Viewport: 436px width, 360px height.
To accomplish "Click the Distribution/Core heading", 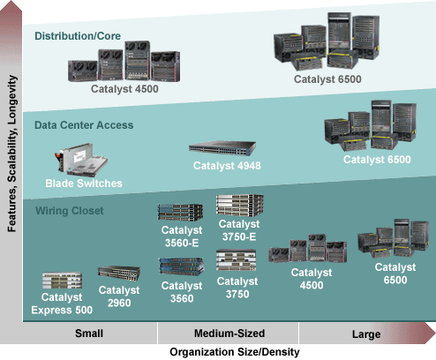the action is pos(78,36).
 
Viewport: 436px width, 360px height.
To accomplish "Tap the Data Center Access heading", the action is pos(84,125).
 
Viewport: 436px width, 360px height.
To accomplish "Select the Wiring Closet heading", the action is pos(70,211).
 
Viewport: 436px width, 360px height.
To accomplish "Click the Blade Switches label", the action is pos(84,184).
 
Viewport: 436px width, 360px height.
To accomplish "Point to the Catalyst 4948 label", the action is pos(227,166).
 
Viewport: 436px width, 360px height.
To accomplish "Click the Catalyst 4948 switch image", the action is pos(222,147).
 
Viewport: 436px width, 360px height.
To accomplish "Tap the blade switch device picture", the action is pos(81,160).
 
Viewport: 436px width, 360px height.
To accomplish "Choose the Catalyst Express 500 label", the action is pos(62,304).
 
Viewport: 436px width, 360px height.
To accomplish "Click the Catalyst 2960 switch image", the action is pos(119,274).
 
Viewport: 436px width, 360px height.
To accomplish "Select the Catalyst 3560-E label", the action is pos(182,236).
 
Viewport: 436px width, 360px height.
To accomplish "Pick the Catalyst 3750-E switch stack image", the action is pos(240,205).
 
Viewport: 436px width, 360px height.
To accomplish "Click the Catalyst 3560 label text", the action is pos(182,292).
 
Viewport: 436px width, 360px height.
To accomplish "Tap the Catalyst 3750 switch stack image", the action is pos(236,260).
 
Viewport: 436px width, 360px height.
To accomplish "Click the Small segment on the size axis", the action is pos(89,334).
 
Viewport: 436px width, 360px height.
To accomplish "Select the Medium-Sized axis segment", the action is pos(229,334).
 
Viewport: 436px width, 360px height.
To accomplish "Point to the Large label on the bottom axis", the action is pos(366,334).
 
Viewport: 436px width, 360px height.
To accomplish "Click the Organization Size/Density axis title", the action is pos(235,352).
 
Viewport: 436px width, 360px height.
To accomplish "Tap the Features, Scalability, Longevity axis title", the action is pos(12,154).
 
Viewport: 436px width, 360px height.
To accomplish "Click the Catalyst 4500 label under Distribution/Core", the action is pos(124,89).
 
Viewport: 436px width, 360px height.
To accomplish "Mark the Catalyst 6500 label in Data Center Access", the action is pos(377,160).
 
